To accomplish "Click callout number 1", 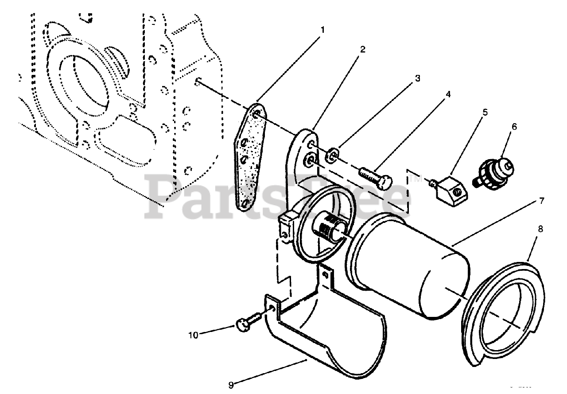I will [x=322, y=30].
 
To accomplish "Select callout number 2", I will [x=362, y=49].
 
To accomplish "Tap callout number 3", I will [x=417, y=78].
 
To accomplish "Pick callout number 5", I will [x=485, y=112].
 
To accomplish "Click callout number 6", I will [x=514, y=127].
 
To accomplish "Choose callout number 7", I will [x=541, y=200].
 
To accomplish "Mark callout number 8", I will [x=540, y=229].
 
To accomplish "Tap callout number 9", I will [x=230, y=385].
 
